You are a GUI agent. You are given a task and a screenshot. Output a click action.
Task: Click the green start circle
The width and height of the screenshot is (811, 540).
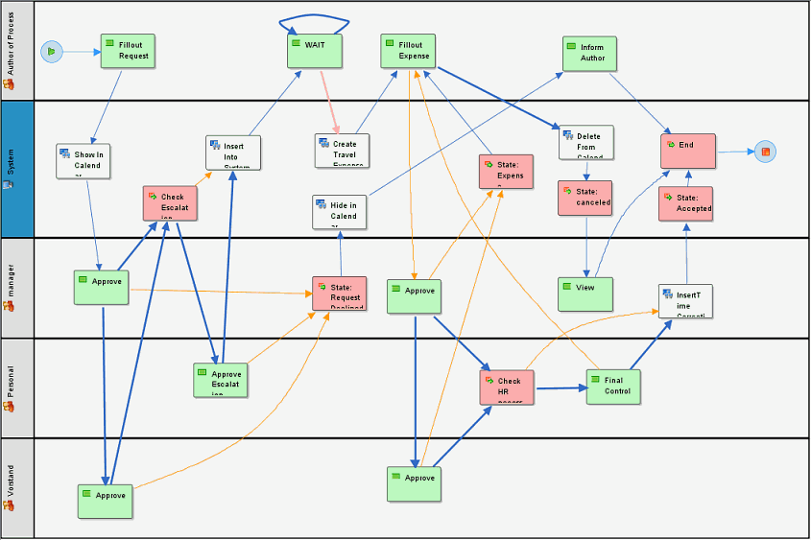point(52,52)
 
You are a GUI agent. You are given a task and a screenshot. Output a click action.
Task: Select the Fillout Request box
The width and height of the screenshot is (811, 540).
point(128,52)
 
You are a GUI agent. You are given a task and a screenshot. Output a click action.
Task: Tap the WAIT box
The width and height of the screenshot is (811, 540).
point(315,51)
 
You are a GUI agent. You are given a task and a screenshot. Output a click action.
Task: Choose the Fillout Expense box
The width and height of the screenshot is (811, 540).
point(408,52)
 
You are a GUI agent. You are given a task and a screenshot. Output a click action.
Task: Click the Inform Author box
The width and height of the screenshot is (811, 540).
point(590,54)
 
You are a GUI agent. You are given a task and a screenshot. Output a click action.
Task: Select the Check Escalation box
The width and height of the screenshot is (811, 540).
point(170,204)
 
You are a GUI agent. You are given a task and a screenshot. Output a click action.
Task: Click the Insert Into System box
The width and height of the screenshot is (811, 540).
point(233,153)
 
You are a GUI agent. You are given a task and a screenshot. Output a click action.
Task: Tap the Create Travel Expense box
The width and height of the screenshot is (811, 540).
point(342,151)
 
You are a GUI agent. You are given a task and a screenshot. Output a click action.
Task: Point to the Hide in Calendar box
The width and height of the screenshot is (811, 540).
point(340,211)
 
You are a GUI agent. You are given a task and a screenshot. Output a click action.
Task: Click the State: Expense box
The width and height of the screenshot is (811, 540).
point(506,172)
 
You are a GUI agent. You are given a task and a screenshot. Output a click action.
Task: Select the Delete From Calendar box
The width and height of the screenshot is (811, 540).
point(585,142)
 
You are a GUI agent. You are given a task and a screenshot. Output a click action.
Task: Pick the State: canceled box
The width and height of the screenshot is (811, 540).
point(584,198)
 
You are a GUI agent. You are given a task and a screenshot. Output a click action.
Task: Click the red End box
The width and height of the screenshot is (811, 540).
point(688,152)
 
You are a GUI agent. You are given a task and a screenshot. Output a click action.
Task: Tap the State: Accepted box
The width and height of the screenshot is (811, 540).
point(686,203)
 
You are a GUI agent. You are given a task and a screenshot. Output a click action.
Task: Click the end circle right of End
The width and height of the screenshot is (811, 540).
point(765,152)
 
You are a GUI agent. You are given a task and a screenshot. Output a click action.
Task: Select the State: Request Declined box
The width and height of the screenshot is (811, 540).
point(340,293)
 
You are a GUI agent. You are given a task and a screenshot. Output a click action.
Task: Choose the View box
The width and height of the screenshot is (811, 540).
point(585,293)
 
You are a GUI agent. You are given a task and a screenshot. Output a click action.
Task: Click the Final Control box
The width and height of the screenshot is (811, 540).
point(613,387)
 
